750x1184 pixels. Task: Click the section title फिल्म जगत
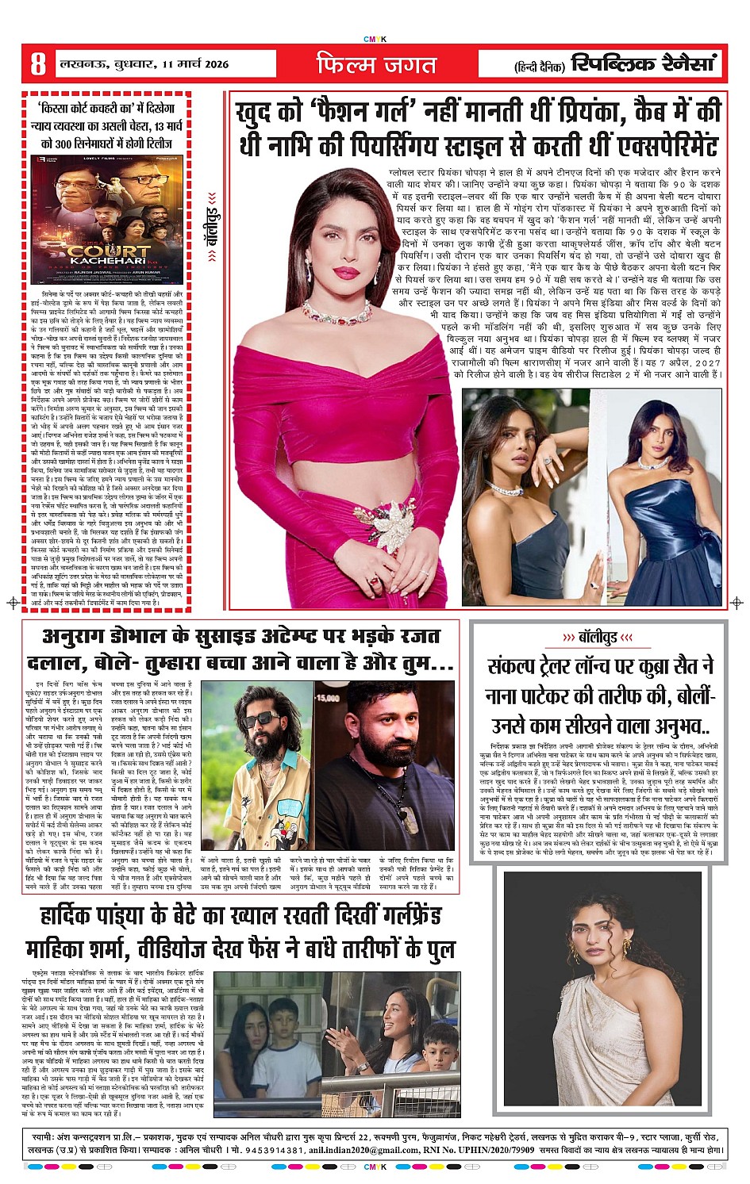[x=375, y=64]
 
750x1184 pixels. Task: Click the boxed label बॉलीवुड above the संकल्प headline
[x=598, y=637]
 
